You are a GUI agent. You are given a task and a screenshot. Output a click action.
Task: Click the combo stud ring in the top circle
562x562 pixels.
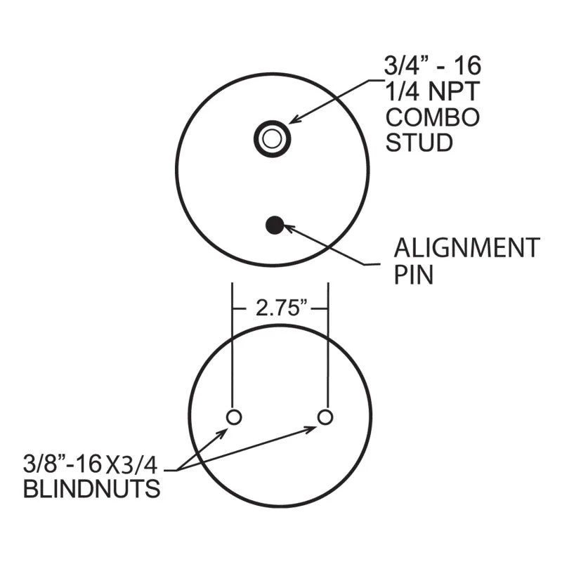271,138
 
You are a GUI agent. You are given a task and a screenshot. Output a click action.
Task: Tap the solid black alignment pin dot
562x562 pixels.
274,225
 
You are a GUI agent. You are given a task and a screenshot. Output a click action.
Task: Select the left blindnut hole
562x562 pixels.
234,417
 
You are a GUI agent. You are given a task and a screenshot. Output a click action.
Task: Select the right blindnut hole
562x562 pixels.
325,417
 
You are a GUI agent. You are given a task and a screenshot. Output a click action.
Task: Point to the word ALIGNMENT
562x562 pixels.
466,248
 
